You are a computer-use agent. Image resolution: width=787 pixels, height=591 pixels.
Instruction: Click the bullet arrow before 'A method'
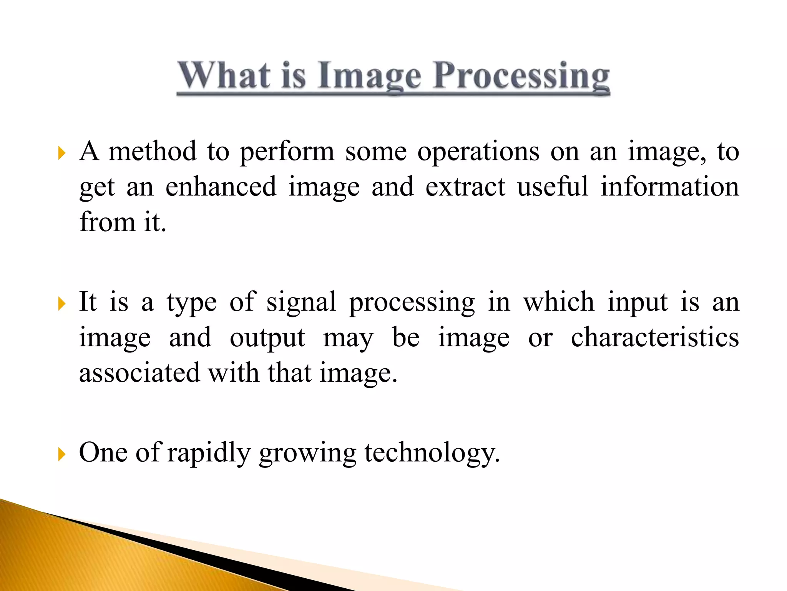[61, 153]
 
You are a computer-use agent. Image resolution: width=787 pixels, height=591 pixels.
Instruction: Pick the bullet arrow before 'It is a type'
[61, 304]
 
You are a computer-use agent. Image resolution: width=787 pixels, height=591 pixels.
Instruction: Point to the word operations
[478, 152]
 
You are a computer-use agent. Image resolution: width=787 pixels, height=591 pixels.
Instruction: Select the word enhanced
[221, 187]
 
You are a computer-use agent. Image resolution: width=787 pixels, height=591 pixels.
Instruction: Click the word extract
[465, 187]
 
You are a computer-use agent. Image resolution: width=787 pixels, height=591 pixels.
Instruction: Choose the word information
[669, 187]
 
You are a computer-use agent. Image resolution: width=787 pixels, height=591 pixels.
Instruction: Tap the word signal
[302, 303]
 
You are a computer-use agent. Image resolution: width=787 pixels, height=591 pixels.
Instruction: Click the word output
[267, 338]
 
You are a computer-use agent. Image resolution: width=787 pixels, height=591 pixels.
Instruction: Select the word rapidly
[209, 453]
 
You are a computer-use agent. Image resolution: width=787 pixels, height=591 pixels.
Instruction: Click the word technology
[432, 453]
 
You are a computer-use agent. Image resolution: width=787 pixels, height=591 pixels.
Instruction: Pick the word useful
[552, 187]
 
